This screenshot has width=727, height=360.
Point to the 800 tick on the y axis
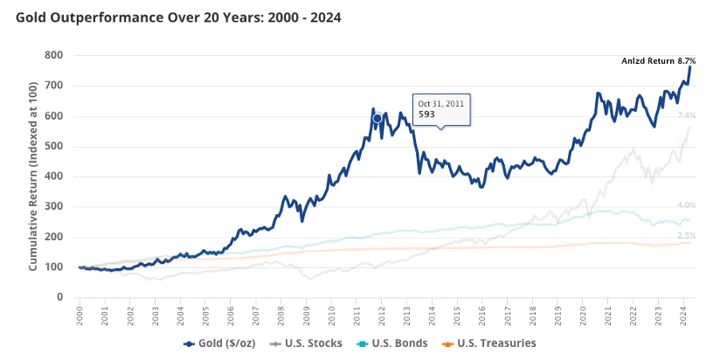tap(53, 55)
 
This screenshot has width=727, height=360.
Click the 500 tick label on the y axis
tap(53, 146)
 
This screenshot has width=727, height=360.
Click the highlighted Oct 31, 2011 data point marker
tap(377, 118)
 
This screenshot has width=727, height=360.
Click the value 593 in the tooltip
tap(426, 114)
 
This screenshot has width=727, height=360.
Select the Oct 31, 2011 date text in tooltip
tap(440, 102)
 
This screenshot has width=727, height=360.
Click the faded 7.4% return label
tap(686, 115)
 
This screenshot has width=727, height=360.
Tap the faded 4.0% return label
tap(686, 205)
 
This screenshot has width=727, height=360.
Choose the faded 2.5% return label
tap(686, 236)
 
